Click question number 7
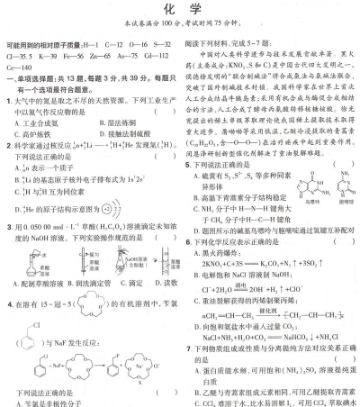[x=189, y=347]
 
